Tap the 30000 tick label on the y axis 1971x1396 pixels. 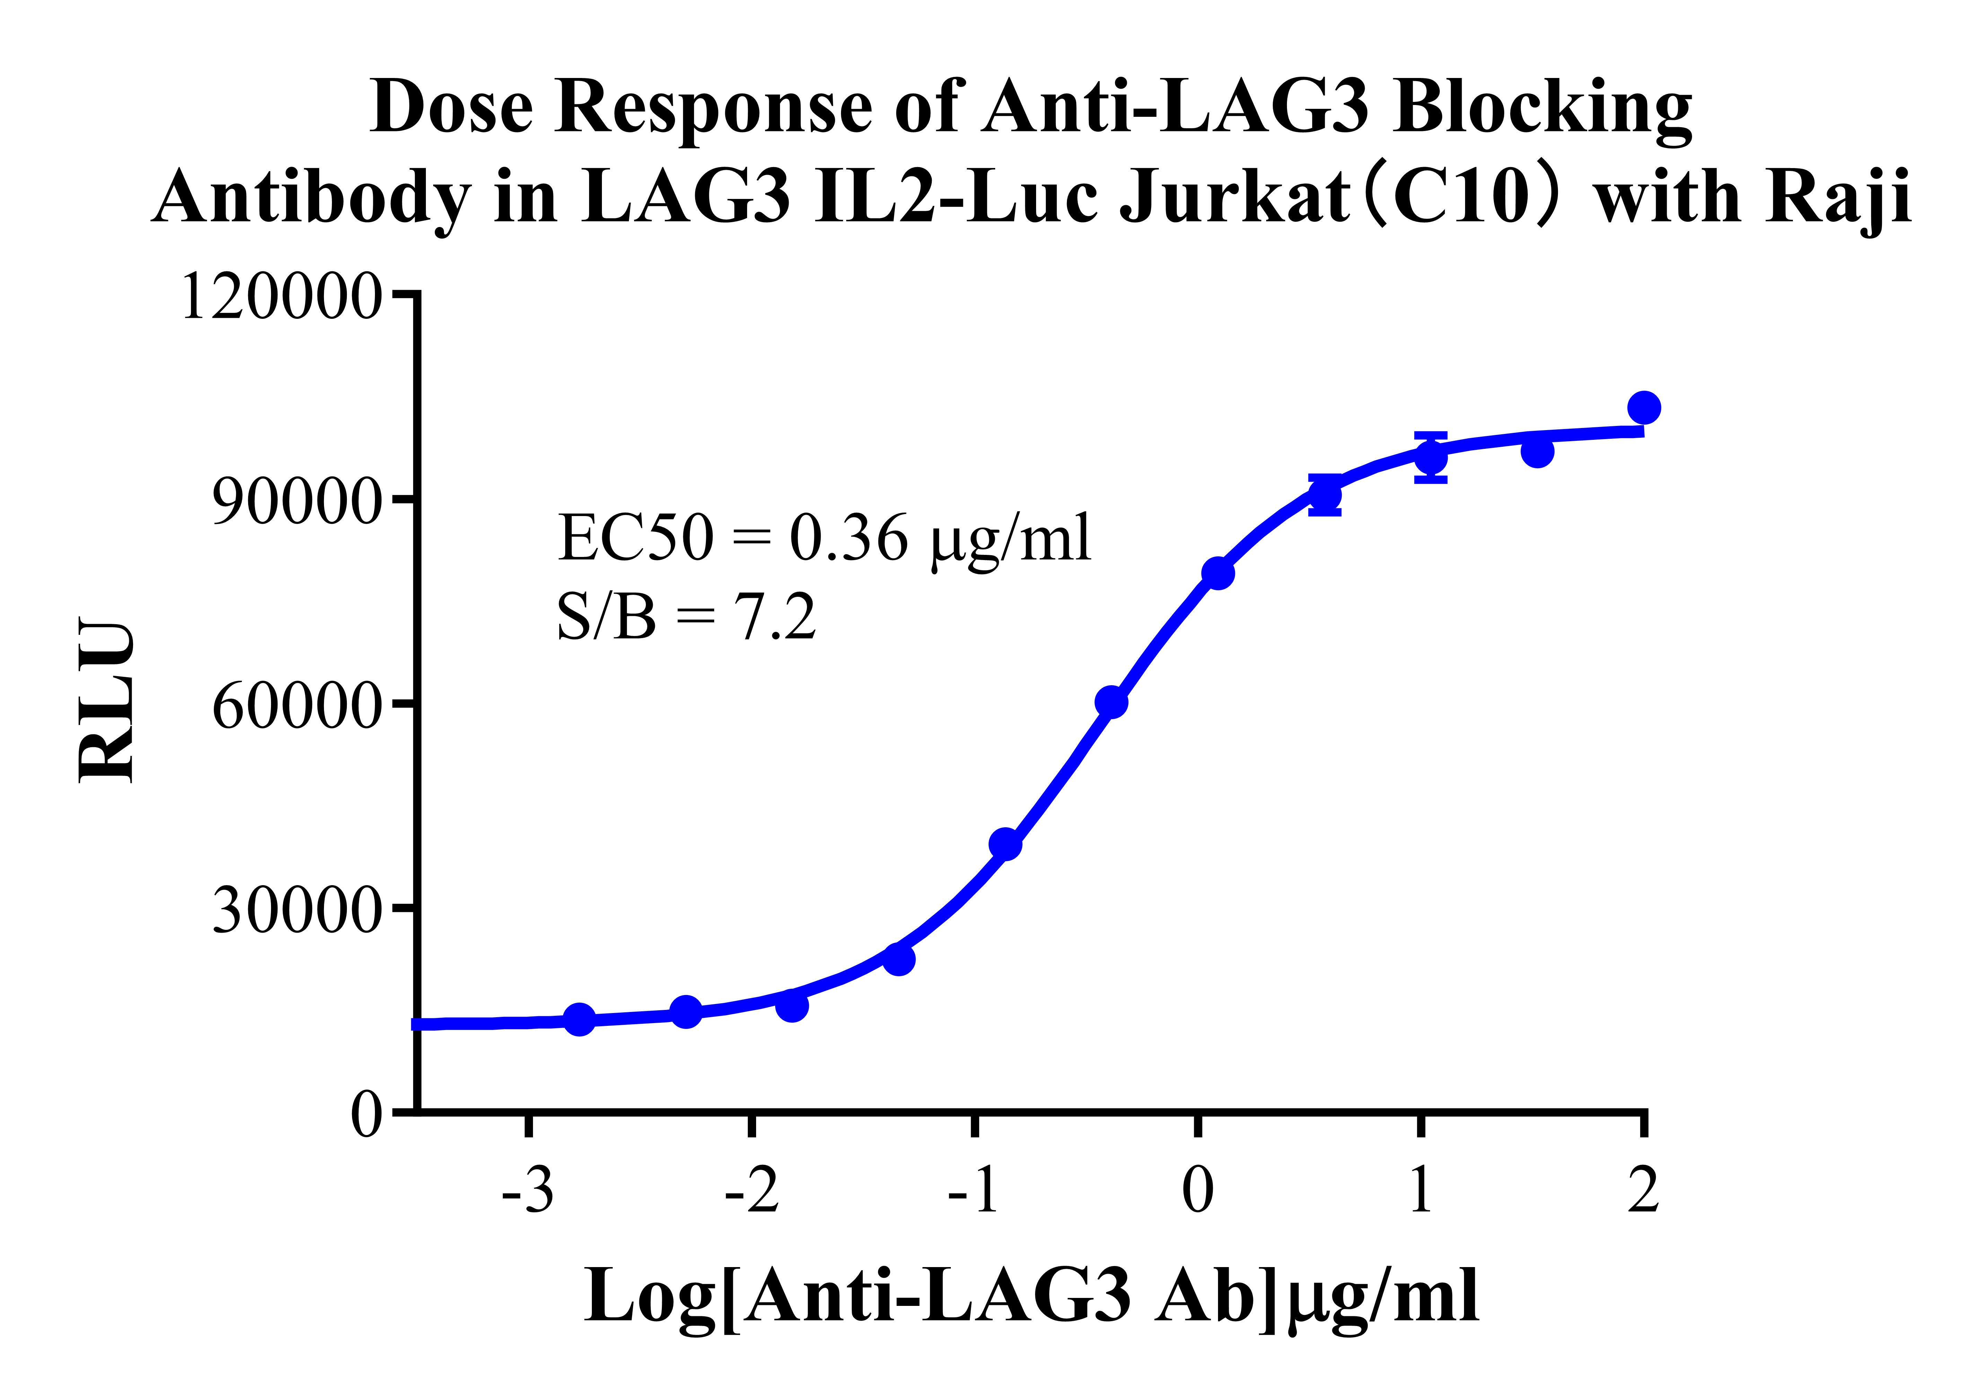(x=295, y=912)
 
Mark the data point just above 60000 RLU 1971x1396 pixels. (x=1111, y=702)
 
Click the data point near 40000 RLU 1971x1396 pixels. (x=1006, y=844)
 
